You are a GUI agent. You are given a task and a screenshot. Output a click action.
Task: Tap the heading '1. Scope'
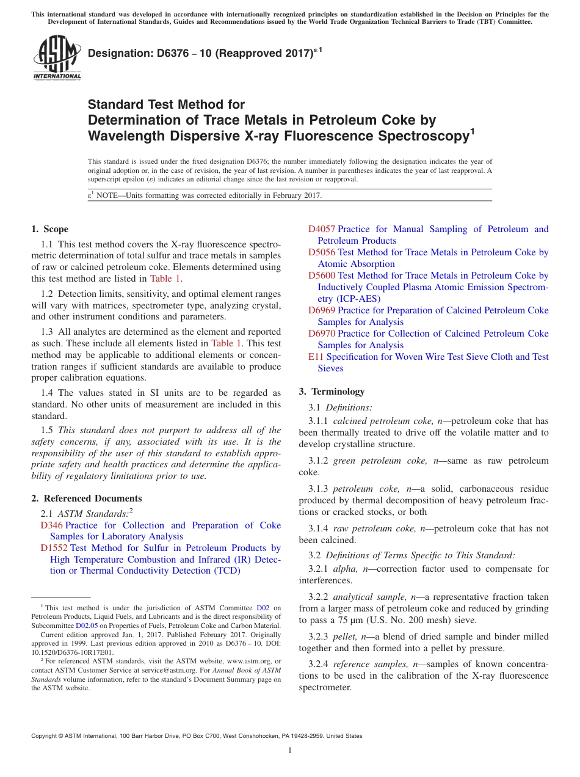[50, 230]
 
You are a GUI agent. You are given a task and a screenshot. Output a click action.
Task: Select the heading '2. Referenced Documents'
[87, 498]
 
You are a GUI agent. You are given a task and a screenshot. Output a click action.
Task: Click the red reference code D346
[51, 525]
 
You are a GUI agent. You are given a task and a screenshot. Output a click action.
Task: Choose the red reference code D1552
[54, 548]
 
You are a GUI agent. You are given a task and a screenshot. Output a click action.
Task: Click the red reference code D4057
[321, 229]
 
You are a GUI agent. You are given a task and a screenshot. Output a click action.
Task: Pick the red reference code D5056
[321, 252]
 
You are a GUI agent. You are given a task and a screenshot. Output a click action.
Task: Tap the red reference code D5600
[321, 275]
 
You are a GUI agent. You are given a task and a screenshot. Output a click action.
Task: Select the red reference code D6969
[321, 310]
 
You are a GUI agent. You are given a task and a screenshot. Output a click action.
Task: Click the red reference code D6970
[321, 334]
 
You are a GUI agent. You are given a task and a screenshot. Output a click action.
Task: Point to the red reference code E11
[316, 357]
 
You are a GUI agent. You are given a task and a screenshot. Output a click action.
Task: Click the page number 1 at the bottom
[290, 750]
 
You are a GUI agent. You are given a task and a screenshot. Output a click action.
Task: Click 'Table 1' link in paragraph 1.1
[165, 279]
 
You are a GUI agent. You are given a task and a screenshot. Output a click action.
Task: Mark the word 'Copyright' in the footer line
[45, 736]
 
